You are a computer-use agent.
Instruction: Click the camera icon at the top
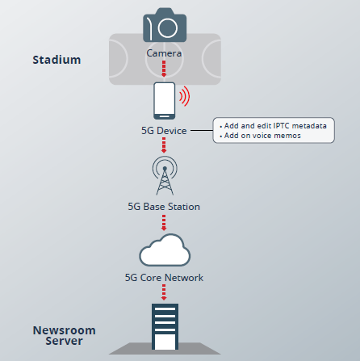click(x=165, y=25)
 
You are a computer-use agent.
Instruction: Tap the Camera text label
click(x=164, y=53)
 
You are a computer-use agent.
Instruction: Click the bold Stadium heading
click(x=57, y=60)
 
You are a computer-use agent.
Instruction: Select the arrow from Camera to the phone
click(x=164, y=69)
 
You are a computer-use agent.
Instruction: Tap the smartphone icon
click(x=165, y=101)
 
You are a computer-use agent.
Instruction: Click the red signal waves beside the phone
click(x=185, y=96)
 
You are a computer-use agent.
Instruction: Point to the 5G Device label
click(x=164, y=131)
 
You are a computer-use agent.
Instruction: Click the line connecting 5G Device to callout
click(x=202, y=130)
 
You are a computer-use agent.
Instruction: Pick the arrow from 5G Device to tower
click(x=164, y=145)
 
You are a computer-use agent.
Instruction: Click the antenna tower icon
click(x=165, y=175)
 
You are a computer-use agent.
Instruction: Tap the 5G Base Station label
click(x=164, y=207)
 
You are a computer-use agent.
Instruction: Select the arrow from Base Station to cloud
click(x=164, y=223)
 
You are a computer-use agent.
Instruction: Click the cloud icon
click(x=165, y=250)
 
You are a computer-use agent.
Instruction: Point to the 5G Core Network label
click(x=164, y=278)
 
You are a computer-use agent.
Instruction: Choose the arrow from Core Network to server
click(x=164, y=292)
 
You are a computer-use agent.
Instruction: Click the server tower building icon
click(x=165, y=326)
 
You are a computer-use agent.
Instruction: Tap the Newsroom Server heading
click(x=64, y=335)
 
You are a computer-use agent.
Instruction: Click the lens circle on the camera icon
click(x=168, y=27)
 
